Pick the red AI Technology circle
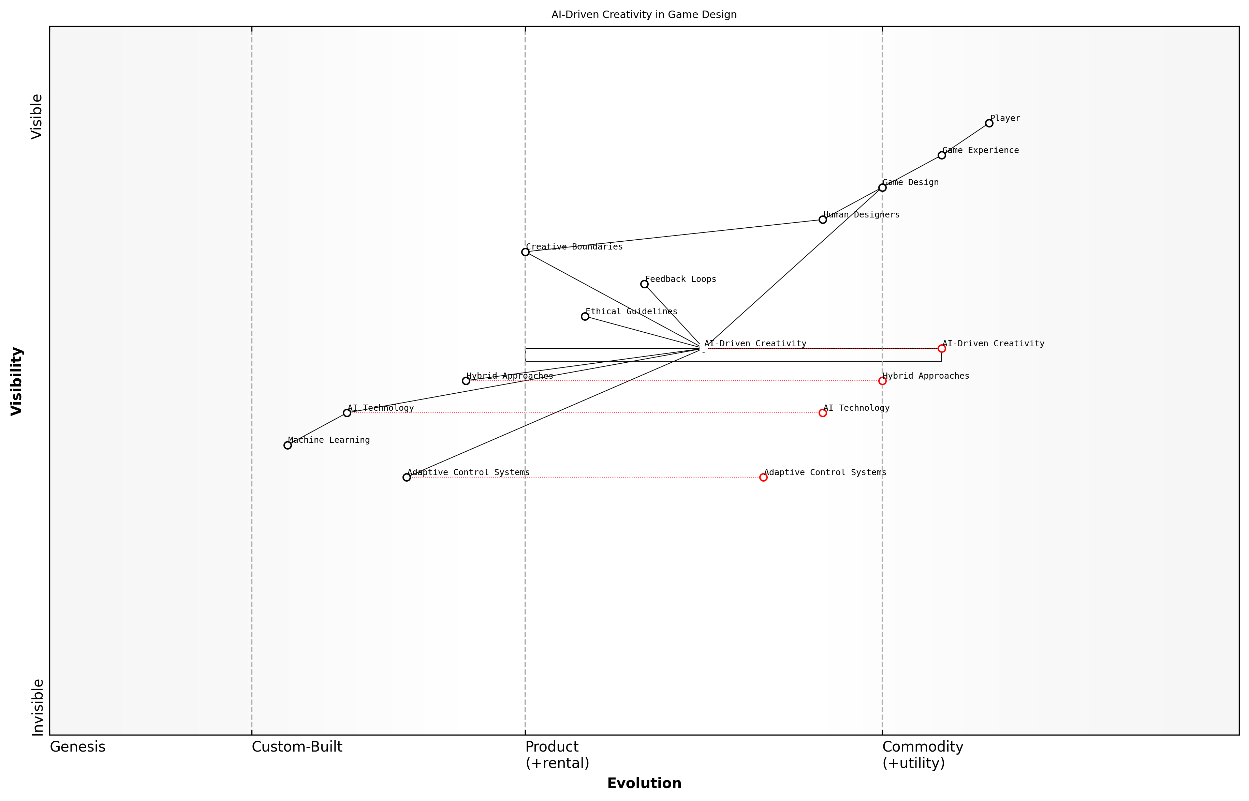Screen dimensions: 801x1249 coord(823,413)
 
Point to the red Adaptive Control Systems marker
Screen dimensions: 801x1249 coord(763,478)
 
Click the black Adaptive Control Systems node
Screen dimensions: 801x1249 coord(407,478)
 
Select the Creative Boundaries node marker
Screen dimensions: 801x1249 coord(525,252)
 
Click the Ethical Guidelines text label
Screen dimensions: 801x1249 coord(631,312)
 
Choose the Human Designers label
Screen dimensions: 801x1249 coord(861,215)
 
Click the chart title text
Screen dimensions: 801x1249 coord(644,15)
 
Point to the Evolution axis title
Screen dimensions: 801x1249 coord(644,783)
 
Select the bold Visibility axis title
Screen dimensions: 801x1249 coord(17,381)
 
